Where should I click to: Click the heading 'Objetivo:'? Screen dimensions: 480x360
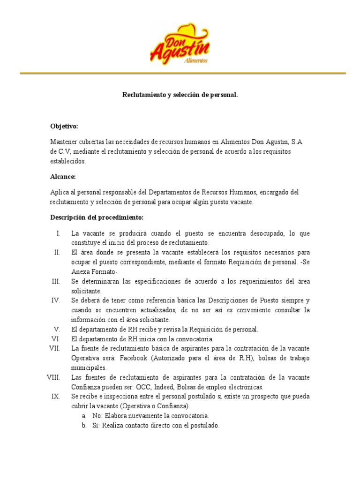point(64,127)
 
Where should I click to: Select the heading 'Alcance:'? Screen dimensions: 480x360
point(63,177)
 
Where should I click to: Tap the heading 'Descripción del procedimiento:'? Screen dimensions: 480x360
point(97,217)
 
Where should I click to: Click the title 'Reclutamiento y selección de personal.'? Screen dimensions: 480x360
point(180,95)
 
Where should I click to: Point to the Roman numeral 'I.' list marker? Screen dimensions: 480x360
point(58,233)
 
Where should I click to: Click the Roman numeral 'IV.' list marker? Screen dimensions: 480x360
point(56,300)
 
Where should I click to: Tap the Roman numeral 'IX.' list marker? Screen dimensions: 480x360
point(56,397)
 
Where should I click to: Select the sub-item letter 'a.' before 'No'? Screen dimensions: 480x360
point(83,416)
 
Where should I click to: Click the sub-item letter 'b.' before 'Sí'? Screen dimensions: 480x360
point(83,426)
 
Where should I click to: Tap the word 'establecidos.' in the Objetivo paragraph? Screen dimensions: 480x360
point(68,161)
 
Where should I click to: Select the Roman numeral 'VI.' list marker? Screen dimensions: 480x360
point(56,339)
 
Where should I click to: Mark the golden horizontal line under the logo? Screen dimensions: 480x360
point(182,73)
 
